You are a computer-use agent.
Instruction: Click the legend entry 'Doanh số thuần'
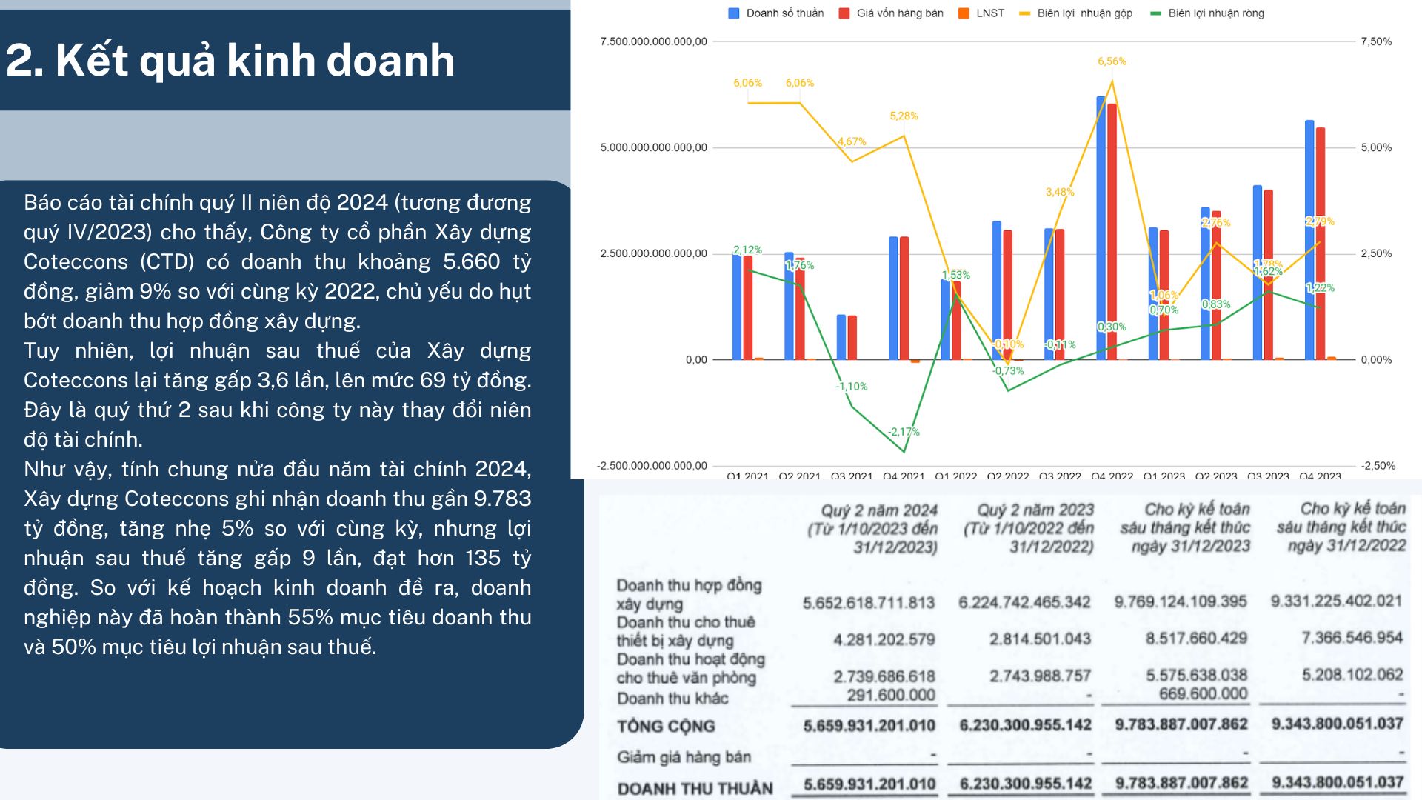tap(784, 13)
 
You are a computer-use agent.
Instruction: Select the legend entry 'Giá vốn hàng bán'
tap(899, 13)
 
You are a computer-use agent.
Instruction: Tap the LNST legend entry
tap(989, 13)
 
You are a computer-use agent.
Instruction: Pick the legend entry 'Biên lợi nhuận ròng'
tap(1215, 13)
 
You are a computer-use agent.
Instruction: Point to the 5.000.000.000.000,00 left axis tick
tap(653, 147)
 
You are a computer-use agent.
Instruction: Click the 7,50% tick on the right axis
tap(1376, 41)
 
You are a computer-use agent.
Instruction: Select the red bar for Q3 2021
tap(852, 338)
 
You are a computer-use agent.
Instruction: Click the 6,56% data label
tap(1112, 61)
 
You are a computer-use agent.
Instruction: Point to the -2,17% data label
tap(904, 432)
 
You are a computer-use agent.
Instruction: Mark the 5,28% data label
tap(904, 116)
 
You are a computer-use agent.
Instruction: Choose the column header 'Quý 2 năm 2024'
tap(878, 510)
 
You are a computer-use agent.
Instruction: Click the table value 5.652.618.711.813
tap(869, 603)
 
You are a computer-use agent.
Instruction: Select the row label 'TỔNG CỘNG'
tap(666, 727)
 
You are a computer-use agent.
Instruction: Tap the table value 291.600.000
tap(891, 695)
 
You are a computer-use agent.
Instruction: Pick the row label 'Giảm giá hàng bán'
tap(684, 757)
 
